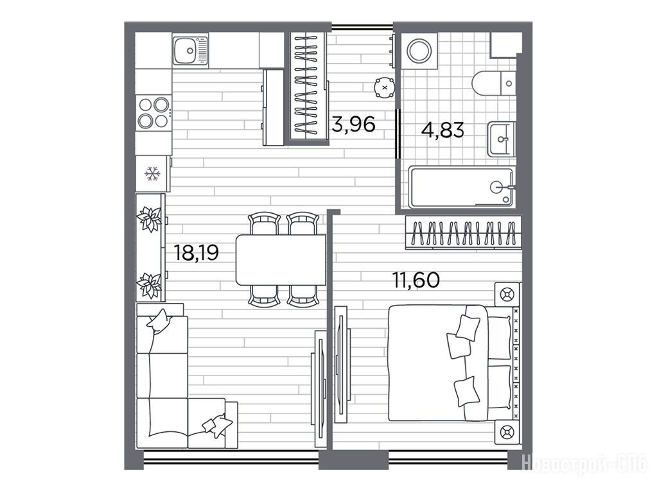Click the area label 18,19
197,252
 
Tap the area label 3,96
353,124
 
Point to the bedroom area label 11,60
416,280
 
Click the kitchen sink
190,49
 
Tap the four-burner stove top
153,112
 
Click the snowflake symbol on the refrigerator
152,173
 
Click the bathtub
461,187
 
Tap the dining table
281,260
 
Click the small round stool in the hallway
385,87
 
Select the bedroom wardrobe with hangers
463,232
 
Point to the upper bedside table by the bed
507,295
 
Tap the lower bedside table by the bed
507,432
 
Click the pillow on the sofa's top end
159,320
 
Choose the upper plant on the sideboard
149,218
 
